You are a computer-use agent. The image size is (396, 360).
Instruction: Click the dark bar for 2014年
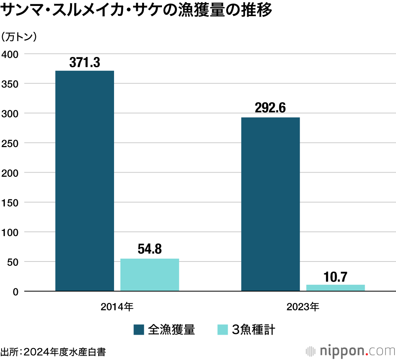(x=84, y=181)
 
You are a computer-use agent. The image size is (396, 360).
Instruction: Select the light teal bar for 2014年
(x=150, y=275)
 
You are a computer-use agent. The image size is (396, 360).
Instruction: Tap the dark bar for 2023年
(x=270, y=204)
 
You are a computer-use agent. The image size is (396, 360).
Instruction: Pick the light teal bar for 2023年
(x=335, y=288)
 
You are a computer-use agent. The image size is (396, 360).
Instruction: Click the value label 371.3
(x=84, y=63)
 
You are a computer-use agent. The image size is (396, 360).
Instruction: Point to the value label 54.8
(x=150, y=250)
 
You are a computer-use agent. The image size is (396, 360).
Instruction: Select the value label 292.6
(x=270, y=108)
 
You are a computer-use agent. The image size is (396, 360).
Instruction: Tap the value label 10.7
(x=335, y=276)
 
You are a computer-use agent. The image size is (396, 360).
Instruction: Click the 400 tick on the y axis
(x=10, y=54)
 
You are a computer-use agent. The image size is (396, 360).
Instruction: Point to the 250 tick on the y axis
(x=10, y=143)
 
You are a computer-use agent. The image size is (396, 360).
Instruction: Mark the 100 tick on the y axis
(x=10, y=232)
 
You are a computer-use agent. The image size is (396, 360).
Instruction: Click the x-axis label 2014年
(x=117, y=306)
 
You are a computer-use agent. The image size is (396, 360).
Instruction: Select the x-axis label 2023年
(x=303, y=306)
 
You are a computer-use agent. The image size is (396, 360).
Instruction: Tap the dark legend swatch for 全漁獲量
(x=139, y=330)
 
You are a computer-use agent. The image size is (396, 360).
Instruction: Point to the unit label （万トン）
(x=19, y=36)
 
